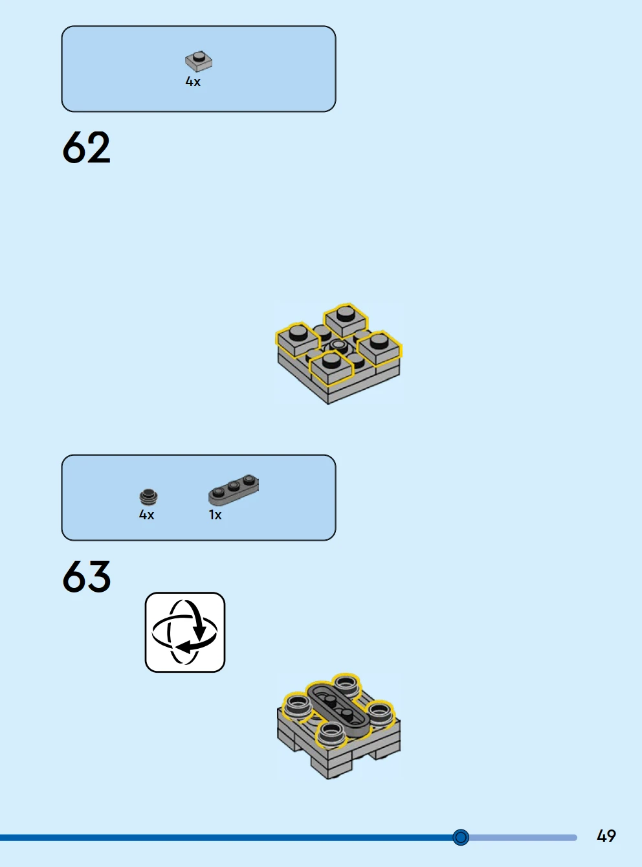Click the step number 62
(x=86, y=147)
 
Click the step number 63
(x=86, y=576)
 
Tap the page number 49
(x=606, y=836)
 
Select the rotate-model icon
(x=185, y=632)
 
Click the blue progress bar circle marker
(x=461, y=837)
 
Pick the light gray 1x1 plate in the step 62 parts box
(x=199, y=62)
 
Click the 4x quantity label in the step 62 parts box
(x=193, y=82)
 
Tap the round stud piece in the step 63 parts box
(x=148, y=497)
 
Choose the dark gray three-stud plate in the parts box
(x=234, y=490)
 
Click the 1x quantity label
(x=216, y=515)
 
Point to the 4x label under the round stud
(x=146, y=515)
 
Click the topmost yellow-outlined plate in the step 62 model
(x=346, y=320)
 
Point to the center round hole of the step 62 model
(x=338, y=344)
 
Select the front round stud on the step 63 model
(x=331, y=734)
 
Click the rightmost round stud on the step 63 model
(x=379, y=714)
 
